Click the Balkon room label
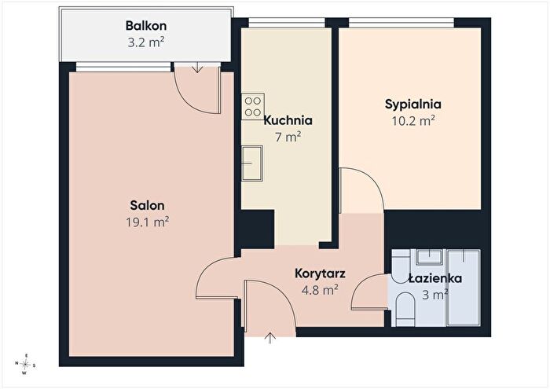pyautogui.click(x=146, y=26)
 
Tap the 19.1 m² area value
pyautogui.click(x=148, y=222)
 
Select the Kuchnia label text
pyautogui.click(x=288, y=120)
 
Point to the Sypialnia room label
pyautogui.click(x=413, y=105)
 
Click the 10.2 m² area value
pyautogui.click(x=413, y=121)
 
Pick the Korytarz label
pyautogui.click(x=320, y=273)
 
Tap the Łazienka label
pyautogui.click(x=435, y=278)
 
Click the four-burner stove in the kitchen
pyautogui.click(x=252, y=107)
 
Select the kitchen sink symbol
pyautogui.click(x=252, y=163)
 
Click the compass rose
pyautogui.click(x=25, y=365)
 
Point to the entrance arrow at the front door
pyautogui.click(x=270, y=337)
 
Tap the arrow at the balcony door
pyautogui.click(x=197, y=68)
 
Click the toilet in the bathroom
pyautogui.click(x=405, y=308)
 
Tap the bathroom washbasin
pyautogui.click(x=429, y=257)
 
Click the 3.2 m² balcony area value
pyautogui.click(x=146, y=42)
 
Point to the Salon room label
pyautogui.click(x=148, y=205)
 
